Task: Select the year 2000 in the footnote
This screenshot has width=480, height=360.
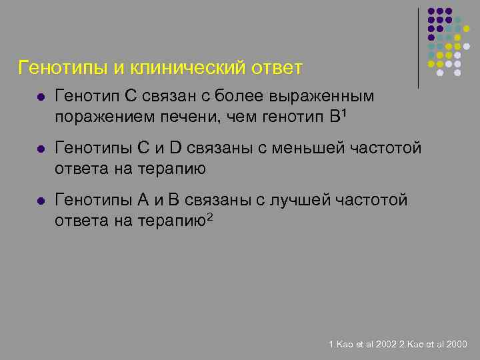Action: point(457,345)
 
